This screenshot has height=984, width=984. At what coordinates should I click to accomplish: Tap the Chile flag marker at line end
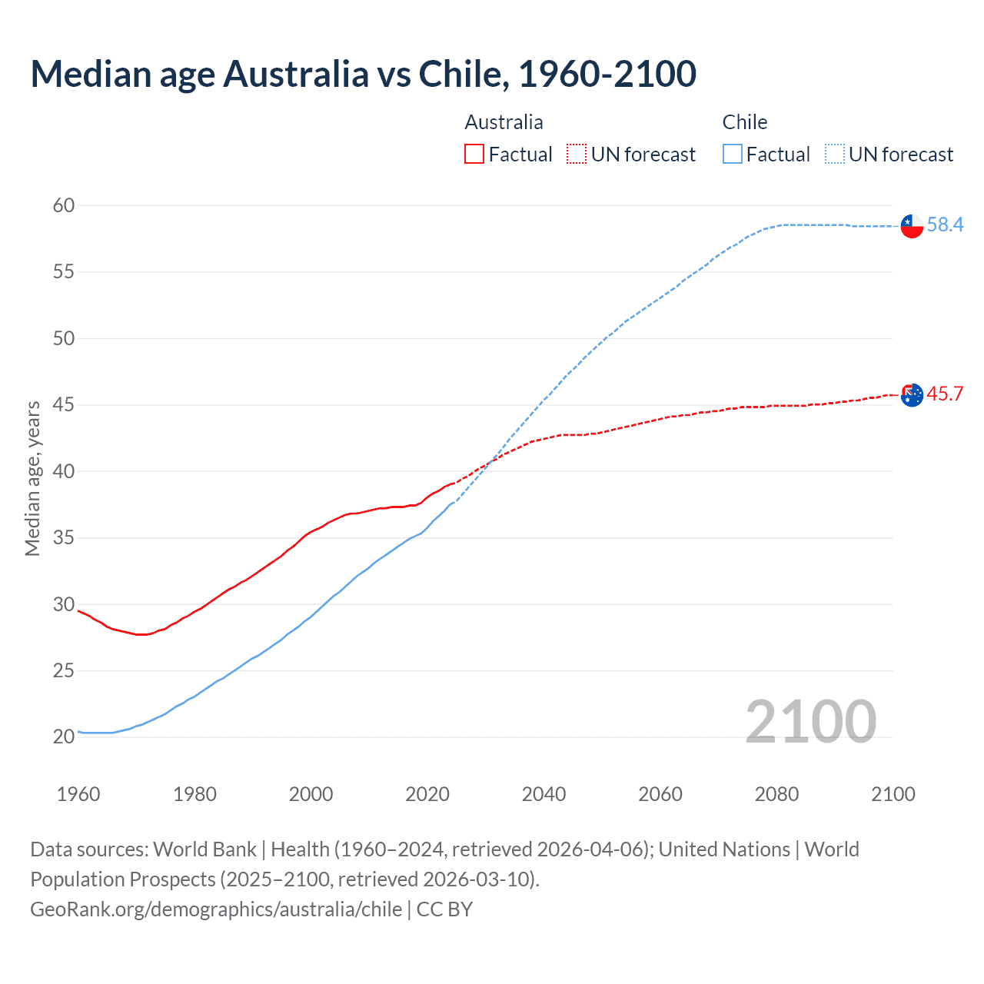click(x=912, y=226)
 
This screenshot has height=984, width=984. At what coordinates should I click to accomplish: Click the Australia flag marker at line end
click(x=912, y=395)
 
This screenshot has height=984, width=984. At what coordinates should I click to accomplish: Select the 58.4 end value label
click(x=945, y=224)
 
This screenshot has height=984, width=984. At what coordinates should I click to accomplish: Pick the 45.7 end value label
click(x=945, y=394)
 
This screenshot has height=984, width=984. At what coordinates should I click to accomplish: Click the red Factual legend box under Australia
click(x=474, y=155)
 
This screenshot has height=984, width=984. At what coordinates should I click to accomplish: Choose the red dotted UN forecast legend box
click(x=577, y=155)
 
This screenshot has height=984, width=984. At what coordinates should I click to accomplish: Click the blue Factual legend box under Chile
click(x=733, y=155)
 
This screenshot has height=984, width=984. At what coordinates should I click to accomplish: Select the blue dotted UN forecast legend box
click(x=835, y=155)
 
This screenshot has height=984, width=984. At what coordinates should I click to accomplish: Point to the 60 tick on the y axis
click(x=64, y=205)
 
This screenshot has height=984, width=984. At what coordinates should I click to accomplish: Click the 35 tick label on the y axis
click(x=64, y=537)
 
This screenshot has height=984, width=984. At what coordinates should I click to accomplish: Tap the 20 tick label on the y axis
click(x=64, y=736)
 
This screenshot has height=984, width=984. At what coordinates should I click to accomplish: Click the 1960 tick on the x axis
click(x=78, y=794)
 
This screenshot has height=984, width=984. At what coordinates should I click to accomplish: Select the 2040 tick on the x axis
click(x=544, y=794)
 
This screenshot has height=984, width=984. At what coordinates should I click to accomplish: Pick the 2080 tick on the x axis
click(x=776, y=794)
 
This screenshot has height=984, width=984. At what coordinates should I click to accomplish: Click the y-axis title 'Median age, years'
click(x=32, y=478)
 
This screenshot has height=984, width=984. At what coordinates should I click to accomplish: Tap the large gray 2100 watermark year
click(x=810, y=721)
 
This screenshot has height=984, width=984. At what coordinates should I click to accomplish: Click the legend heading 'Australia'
click(x=504, y=122)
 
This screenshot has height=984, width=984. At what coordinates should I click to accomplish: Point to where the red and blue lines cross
click(x=490, y=462)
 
